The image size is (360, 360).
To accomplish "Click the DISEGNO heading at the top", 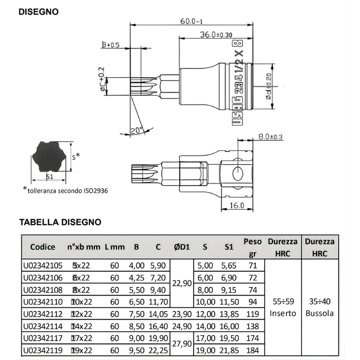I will tap(38, 12).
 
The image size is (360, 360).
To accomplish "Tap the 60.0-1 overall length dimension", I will tap(191, 21).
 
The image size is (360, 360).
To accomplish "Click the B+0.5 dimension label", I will tap(110, 45).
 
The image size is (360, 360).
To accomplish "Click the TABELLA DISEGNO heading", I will tap(60, 222).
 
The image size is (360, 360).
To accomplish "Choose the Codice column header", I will tap(43, 247).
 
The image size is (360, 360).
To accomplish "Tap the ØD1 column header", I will tap(182, 247).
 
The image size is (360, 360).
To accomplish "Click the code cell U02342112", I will tap(43, 313).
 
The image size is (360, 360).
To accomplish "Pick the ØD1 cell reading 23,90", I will tap(182, 313).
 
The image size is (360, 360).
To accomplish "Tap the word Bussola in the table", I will tap(319, 313).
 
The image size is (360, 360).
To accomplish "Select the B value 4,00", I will tap(137, 266).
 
